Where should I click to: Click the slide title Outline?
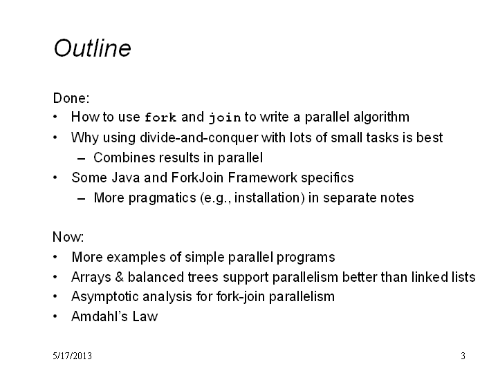click(92, 48)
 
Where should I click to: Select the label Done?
click(71, 98)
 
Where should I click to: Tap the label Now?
click(68, 237)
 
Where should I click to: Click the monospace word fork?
click(160, 117)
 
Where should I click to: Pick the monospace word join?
click(225, 118)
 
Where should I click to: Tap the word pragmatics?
click(162, 198)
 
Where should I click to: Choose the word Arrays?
click(91, 277)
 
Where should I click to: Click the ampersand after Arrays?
click(120, 277)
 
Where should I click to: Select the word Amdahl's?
click(100, 316)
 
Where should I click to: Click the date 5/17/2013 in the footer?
click(72, 356)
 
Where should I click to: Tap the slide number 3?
click(463, 356)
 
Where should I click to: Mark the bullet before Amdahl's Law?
click(55, 316)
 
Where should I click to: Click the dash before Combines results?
click(82, 159)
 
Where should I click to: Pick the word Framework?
click(262, 178)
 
